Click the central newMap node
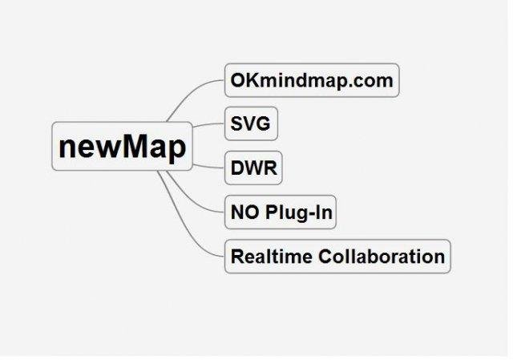pos(122,147)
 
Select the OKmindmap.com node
pos(311,81)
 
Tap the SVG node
pos(251,125)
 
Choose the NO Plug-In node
pos(281,213)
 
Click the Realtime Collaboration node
pos(337,257)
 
